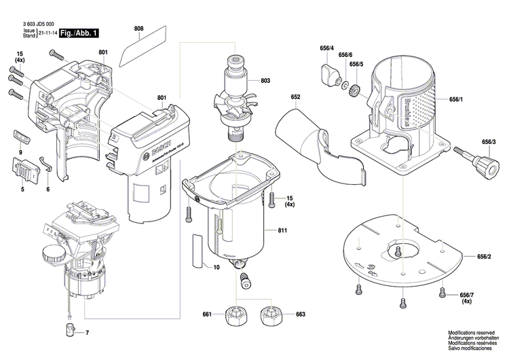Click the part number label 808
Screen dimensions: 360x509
(138, 28)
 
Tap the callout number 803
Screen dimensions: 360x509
(265, 81)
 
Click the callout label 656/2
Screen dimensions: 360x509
(484, 256)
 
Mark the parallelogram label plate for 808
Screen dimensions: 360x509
(143, 48)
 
